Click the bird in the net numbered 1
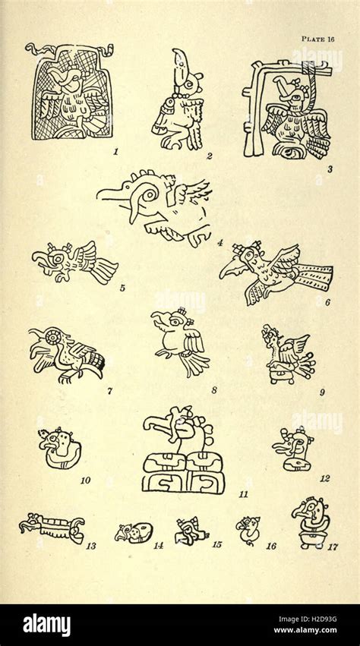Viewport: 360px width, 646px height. pos(71,93)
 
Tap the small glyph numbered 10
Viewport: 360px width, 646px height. pos(58,448)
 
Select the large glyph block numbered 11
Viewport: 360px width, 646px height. pos(182,451)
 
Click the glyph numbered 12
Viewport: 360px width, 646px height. pos(294,449)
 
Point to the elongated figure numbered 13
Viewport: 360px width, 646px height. pos(52,527)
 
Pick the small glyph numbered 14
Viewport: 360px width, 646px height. pos(134,533)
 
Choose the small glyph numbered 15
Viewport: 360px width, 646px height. pos(190,531)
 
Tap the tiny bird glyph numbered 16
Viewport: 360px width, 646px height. pos(248,529)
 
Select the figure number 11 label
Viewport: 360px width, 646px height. pos(243,494)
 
